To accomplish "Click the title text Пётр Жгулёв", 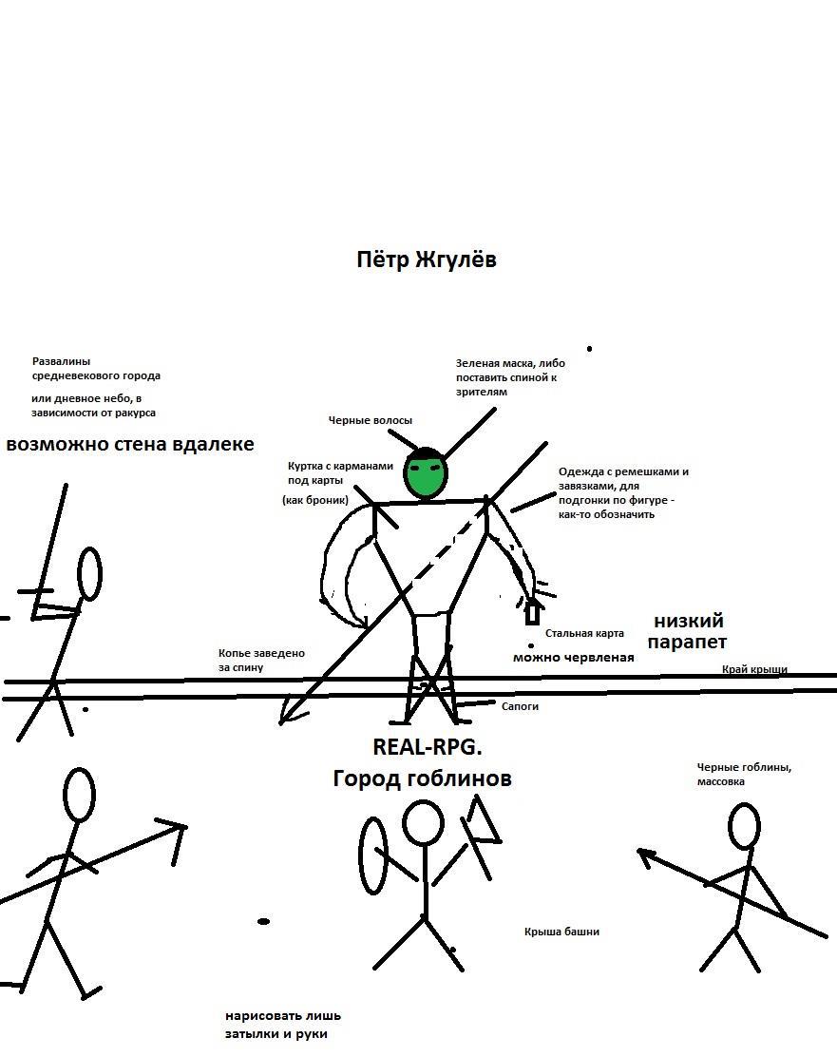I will [426, 260].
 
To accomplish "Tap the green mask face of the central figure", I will [426, 474].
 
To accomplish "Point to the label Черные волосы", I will [371, 420].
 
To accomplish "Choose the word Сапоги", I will [520, 706].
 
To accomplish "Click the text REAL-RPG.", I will [421, 747].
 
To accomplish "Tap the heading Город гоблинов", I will [422, 778].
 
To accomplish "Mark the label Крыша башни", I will [561, 932].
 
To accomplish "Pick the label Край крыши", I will [754, 669].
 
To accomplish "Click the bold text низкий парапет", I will [690, 631].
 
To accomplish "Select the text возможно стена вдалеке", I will [130, 445].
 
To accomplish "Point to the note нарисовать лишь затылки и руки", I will [282, 1025].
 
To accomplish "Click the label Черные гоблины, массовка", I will [744, 774].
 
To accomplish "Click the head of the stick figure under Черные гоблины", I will [744, 825].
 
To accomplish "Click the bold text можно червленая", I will [573, 657].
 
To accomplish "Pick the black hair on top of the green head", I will [426, 452].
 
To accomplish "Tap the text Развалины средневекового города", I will [96, 369].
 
